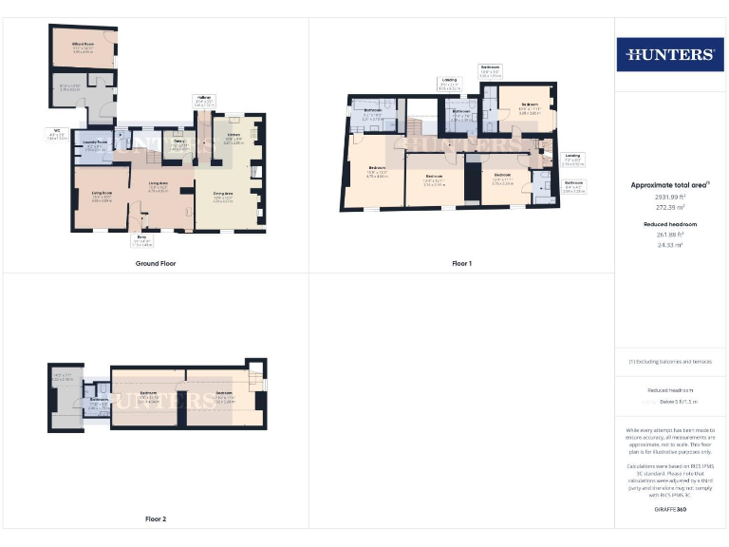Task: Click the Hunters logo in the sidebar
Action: click(x=670, y=54)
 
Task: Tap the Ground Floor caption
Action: click(x=155, y=263)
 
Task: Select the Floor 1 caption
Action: click(x=462, y=263)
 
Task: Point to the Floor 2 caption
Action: click(x=155, y=519)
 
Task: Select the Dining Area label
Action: click(x=223, y=195)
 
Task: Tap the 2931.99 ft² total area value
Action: click(x=670, y=197)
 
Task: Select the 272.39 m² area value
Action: click(x=670, y=206)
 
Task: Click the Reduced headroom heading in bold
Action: click(x=670, y=224)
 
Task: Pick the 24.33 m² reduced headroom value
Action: click(x=670, y=245)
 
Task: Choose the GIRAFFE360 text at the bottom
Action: click(x=670, y=511)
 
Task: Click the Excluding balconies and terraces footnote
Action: click(x=670, y=362)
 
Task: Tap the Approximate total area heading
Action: click(x=670, y=185)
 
